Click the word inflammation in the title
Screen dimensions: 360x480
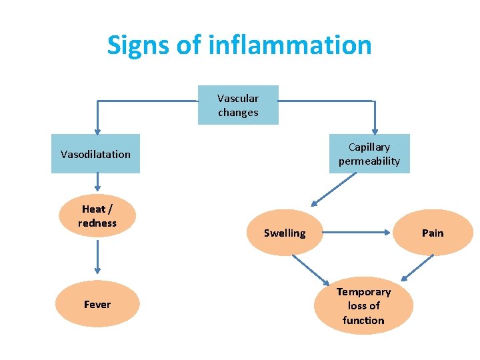pyautogui.click(x=290, y=45)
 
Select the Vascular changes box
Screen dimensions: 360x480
pyautogui.click(x=238, y=105)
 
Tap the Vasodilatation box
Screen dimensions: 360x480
pyautogui.click(x=95, y=154)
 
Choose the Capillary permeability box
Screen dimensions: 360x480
pyautogui.click(x=369, y=154)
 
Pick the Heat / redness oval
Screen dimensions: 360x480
pyautogui.click(x=97, y=216)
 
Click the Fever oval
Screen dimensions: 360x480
pyautogui.click(x=97, y=304)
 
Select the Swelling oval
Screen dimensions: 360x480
pyautogui.click(x=285, y=233)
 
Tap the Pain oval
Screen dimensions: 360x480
pyautogui.click(x=433, y=233)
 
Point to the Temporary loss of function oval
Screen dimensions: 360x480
pyautogui.click(x=363, y=305)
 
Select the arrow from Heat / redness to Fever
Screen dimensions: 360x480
pyautogui.click(x=97, y=256)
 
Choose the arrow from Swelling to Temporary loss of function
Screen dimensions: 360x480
pyautogui.click(x=309, y=269)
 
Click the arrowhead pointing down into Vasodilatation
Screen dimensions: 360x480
pyautogui.click(x=97, y=131)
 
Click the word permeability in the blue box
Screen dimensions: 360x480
pyautogui.click(x=369, y=161)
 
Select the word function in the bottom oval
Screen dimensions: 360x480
pyautogui.click(x=363, y=320)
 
